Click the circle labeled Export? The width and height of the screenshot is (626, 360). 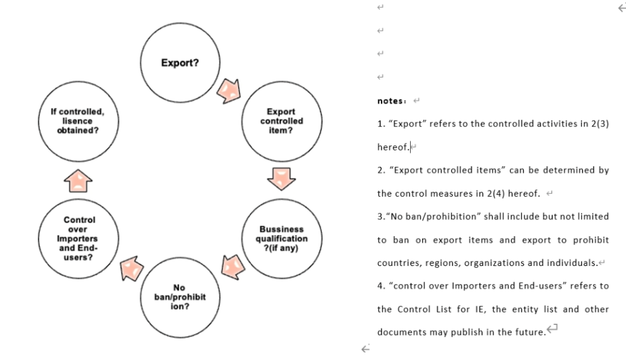click(x=180, y=63)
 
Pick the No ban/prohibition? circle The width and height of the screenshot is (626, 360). click(x=180, y=297)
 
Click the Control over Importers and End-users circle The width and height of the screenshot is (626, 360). click(x=79, y=238)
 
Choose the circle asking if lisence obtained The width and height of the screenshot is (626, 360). click(x=77, y=121)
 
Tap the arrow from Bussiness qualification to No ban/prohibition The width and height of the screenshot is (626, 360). click(x=232, y=265)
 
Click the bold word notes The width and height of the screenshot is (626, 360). click(x=391, y=101)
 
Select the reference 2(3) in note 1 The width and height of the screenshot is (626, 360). click(x=599, y=124)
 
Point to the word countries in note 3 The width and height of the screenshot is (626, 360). click(x=397, y=263)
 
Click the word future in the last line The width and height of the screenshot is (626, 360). click(x=528, y=332)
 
